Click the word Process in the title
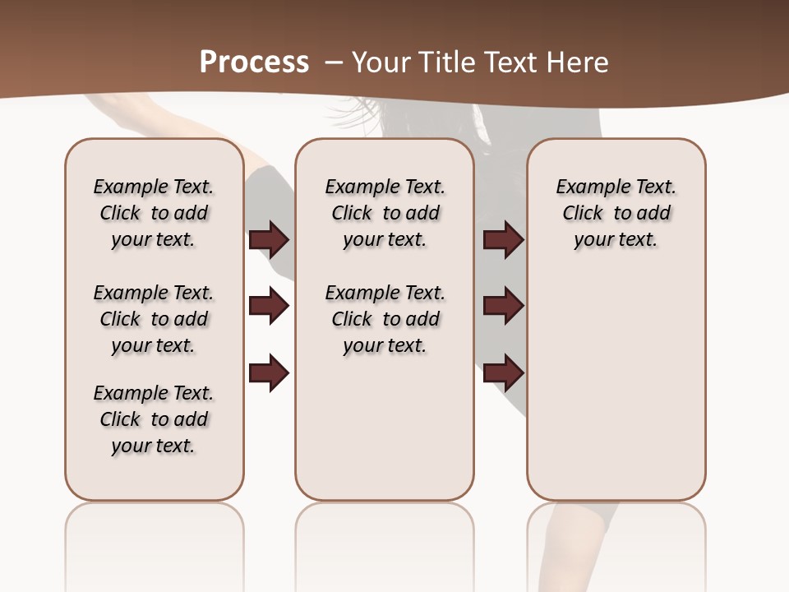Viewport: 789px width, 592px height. [x=254, y=62]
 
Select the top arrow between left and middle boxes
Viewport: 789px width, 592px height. [x=269, y=239]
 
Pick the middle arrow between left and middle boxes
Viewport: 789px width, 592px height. [x=269, y=306]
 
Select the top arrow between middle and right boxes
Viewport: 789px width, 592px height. [x=503, y=239]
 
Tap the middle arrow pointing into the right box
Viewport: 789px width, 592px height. [x=503, y=306]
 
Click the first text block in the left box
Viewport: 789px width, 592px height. [x=154, y=213]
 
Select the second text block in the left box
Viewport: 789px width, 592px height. [x=154, y=319]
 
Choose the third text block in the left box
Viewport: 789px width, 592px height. [x=154, y=419]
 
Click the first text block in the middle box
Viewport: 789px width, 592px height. [x=385, y=213]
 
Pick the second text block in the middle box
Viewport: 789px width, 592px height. [x=385, y=319]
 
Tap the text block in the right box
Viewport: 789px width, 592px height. [x=616, y=213]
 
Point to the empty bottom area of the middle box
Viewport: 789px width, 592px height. [x=385, y=428]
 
